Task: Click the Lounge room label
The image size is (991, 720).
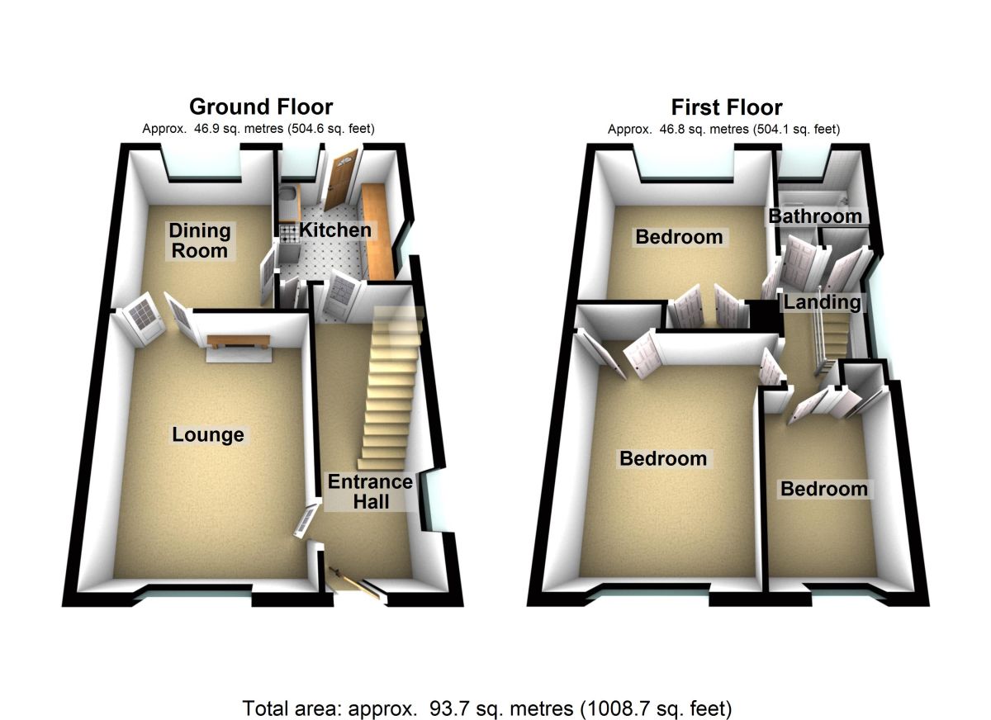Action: coord(208,434)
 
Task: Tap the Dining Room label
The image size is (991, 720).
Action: coord(199,240)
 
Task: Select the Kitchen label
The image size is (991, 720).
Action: coord(334,230)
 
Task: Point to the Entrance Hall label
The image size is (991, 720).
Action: coord(369,491)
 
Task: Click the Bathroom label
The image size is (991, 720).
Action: coord(815,216)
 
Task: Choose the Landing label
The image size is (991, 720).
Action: coord(822,302)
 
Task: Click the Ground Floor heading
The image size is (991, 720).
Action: coord(261,107)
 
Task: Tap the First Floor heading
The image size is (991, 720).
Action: coord(727,107)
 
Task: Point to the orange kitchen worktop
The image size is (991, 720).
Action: coord(377,231)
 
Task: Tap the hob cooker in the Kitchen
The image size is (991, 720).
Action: coord(288,233)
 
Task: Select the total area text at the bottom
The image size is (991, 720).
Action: coord(487,708)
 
